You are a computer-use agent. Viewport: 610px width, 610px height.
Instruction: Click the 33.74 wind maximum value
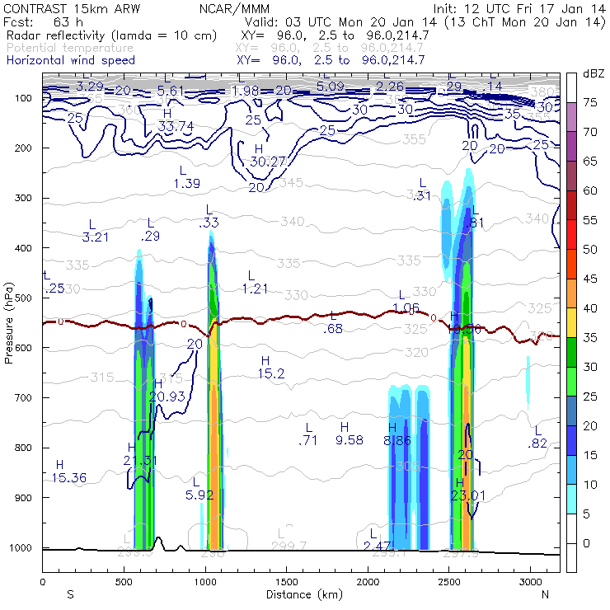click(x=175, y=126)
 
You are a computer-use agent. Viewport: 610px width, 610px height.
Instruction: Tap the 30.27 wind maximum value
click(x=246, y=162)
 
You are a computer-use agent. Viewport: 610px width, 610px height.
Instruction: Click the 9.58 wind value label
click(x=350, y=440)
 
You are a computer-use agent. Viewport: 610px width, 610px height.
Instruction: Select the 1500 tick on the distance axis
click(x=286, y=582)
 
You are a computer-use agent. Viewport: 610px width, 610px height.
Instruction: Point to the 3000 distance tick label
click(x=530, y=582)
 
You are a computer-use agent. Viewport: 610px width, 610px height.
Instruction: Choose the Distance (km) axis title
click(x=300, y=594)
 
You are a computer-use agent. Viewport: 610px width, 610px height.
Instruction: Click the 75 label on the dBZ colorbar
click(x=590, y=103)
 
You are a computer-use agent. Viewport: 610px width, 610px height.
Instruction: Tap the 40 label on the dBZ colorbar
click(x=590, y=307)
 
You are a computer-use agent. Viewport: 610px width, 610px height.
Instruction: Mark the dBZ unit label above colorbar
click(x=592, y=74)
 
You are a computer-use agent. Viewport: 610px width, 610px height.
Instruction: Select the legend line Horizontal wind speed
click(x=70, y=60)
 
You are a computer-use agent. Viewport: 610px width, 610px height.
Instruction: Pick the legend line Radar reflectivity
click(x=111, y=35)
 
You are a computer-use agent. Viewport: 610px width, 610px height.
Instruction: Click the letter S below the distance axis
click(x=70, y=594)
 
